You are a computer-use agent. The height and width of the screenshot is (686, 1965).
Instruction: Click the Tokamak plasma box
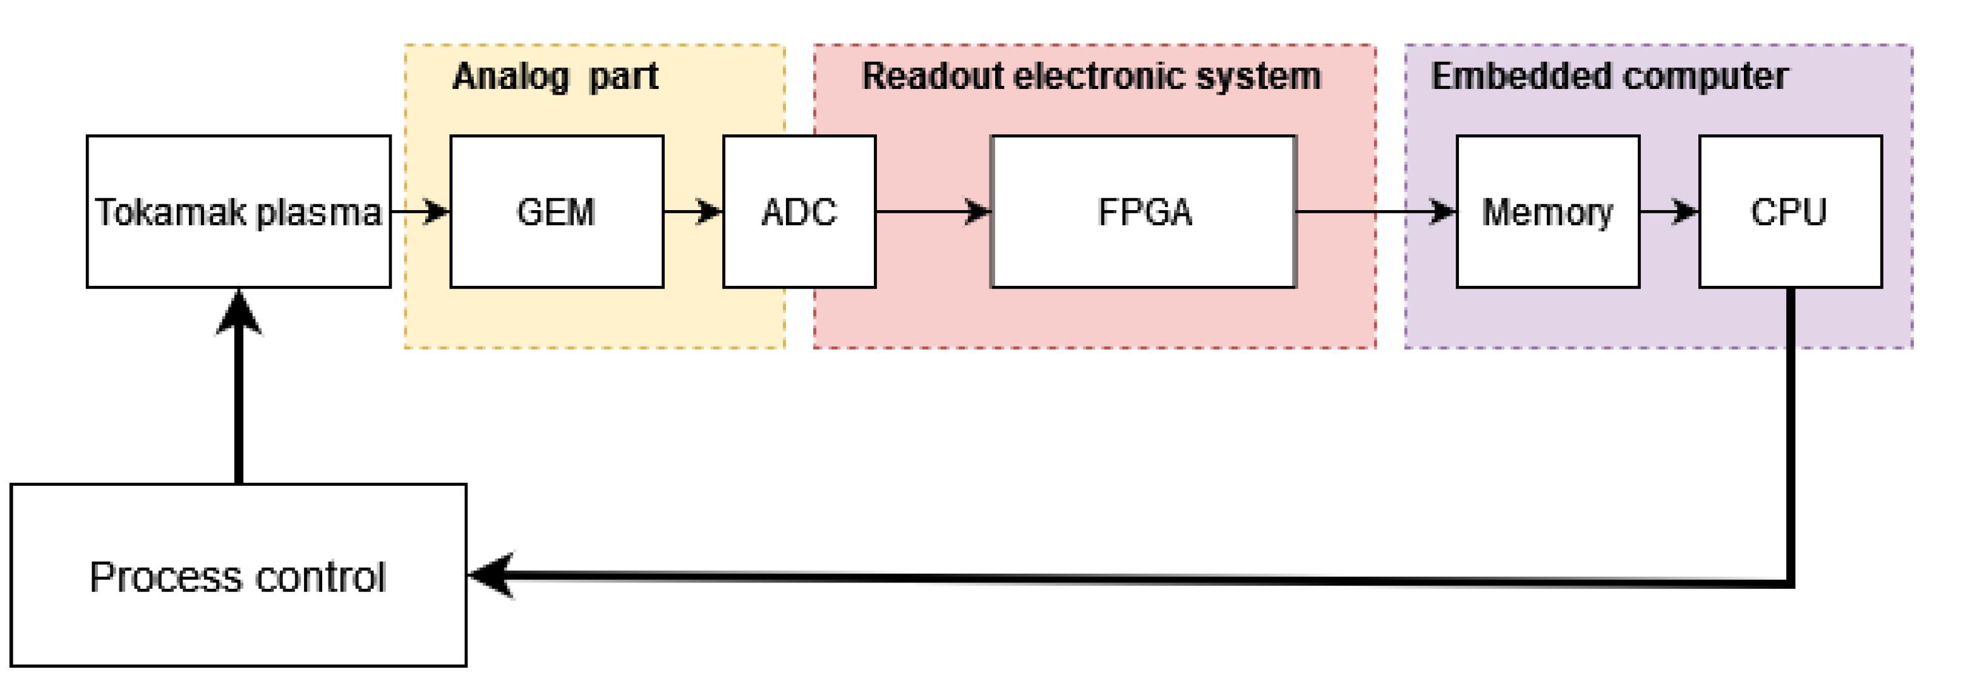(238, 211)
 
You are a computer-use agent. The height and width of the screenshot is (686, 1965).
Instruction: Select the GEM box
(556, 211)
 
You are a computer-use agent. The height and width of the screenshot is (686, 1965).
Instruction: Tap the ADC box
(799, 211)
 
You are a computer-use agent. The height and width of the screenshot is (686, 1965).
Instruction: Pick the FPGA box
(1143, 211)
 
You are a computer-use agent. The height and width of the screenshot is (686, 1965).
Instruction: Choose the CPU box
(1789, 211)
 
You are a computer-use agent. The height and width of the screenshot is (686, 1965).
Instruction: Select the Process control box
(238, 575)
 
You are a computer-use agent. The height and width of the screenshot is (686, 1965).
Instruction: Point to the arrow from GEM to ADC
(692, 211)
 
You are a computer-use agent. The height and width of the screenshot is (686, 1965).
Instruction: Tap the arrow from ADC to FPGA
(932, 211)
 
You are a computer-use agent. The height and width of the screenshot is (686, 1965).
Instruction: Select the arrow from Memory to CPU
(1668, 211)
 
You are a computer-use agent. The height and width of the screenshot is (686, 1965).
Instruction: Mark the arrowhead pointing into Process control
(492, 575)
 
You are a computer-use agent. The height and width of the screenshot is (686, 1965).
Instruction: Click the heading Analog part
(555, 76)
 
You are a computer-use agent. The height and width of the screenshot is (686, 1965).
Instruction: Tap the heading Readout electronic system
(1091, 76)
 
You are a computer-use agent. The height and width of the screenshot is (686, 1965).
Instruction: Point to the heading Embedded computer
(1609, 76)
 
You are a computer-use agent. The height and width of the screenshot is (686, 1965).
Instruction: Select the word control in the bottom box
(320, 577)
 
